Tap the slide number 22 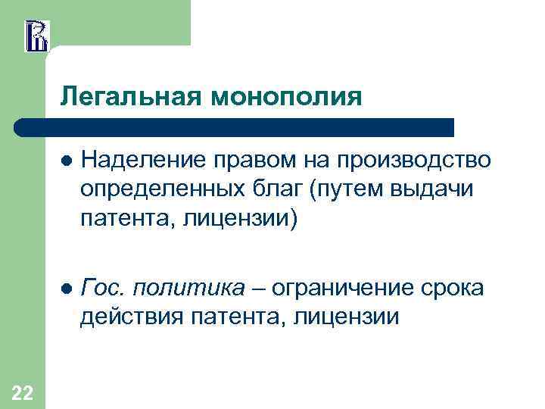[x=23, y=392]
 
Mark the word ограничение [x=345, y=288]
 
